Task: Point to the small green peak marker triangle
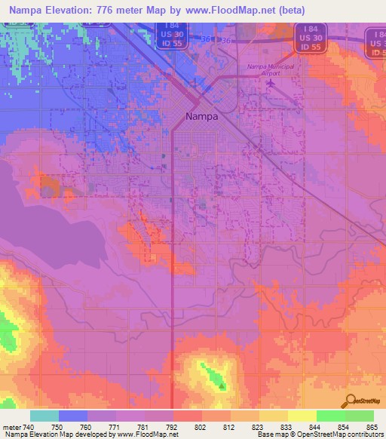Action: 222,387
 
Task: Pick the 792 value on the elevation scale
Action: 173,426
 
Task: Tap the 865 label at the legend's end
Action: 372,426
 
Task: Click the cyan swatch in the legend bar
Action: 44,416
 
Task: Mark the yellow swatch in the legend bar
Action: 302,416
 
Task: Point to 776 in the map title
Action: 111,10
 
